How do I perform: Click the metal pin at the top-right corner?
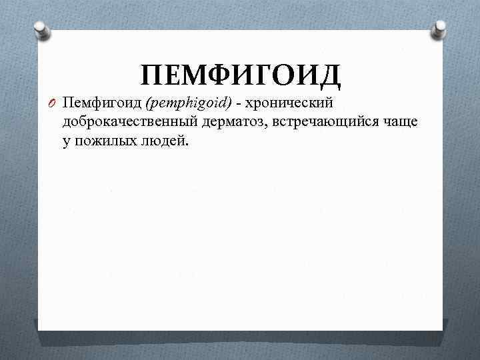click(439, 27)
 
